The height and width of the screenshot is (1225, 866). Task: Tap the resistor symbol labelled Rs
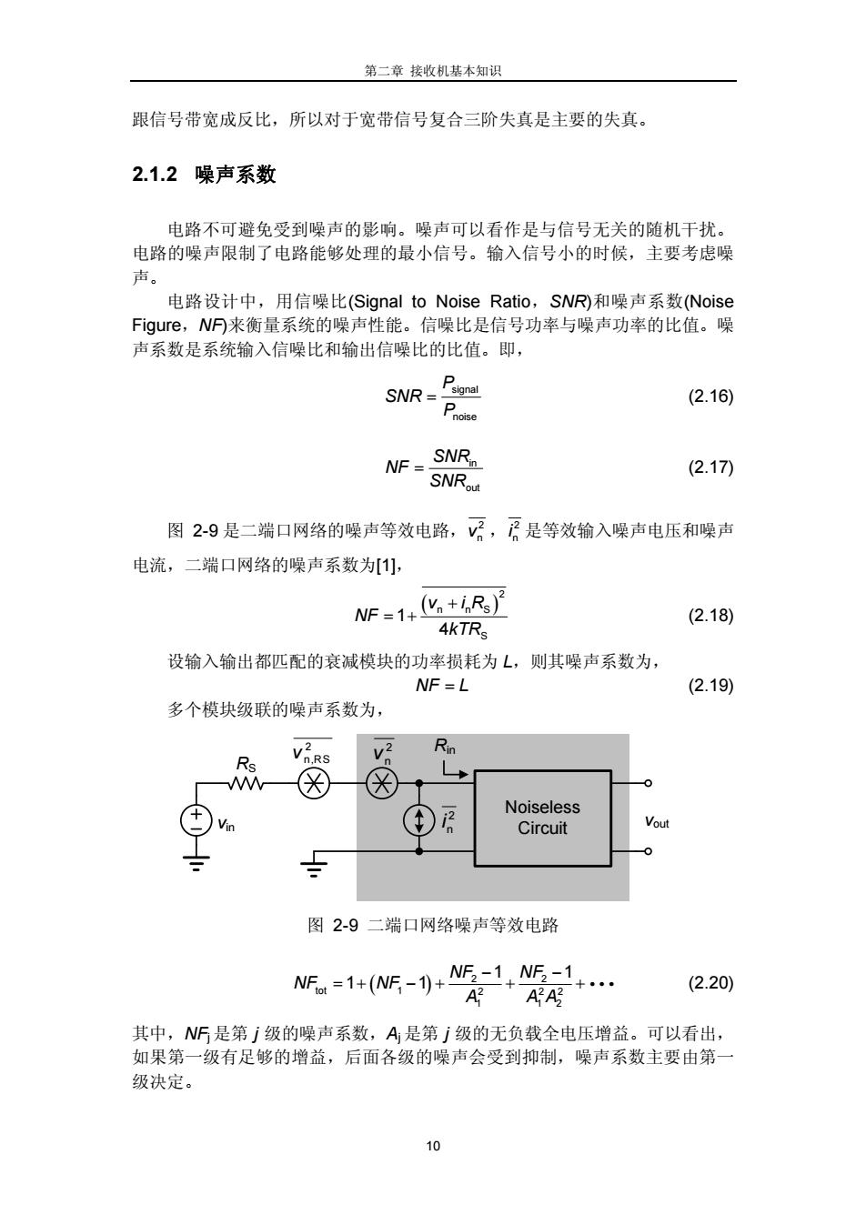pos(246,784)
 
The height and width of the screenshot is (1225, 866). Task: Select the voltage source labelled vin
pos(196,821)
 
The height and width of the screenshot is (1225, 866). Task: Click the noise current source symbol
pos(419,820)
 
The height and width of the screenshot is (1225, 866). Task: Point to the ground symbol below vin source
pos(196,863)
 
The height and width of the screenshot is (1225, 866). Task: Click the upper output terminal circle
pos(648,783)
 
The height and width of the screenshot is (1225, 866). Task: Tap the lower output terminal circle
pos(648,851)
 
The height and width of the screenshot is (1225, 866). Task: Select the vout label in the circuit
pos(657,822)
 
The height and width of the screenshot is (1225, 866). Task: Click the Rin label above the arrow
pos(445,746)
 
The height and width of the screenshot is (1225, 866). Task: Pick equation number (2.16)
pos(710,396)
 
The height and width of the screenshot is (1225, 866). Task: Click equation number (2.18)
pos(710,616)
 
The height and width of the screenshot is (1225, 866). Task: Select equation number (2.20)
pos(710,983)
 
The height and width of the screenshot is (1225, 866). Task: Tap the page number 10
pos(433,1146)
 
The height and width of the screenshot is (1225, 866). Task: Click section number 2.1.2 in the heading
pos(155,175)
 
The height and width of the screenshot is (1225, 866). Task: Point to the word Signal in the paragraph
pos(378,301)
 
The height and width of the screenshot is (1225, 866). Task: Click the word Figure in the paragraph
pos(156,326)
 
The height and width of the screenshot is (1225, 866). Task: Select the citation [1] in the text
pos(386,565)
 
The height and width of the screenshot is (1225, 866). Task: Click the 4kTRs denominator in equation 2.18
pos(463,630)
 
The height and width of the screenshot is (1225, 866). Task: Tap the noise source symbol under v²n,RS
pos(314,784)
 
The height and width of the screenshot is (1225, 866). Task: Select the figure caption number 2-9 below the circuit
pos(345,925)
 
